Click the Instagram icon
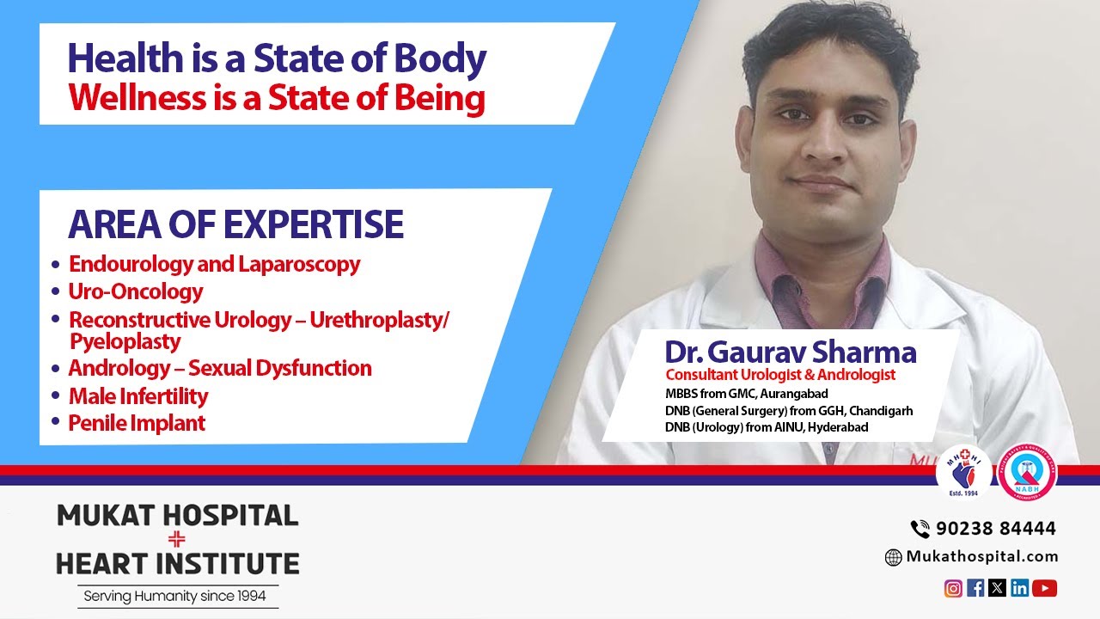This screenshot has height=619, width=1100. tap(953, 588)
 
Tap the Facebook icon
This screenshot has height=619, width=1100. tap(975, 588)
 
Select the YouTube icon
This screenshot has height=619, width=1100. tap(1044, 588)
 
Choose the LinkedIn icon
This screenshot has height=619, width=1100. tap(1020, 588)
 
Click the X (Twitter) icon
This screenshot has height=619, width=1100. tap(997, 588)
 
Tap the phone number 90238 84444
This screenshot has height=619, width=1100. tap(995, 528)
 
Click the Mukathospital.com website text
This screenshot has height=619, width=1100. tap(982, 557)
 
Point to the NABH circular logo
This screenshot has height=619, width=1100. tap(1027, 472)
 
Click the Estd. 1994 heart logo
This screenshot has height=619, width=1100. tap(963, 472)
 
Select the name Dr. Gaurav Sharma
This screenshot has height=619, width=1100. tap(790, 352)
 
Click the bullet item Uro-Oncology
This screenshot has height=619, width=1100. tap(136, 291)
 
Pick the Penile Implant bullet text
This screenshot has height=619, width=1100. tap(137, 423)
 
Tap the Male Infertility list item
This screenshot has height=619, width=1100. tap(138, 396)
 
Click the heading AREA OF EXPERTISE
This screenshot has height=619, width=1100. tap(235, 224)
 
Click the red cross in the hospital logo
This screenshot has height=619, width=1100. tap(177, 540)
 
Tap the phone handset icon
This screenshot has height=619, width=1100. tap(920, 529)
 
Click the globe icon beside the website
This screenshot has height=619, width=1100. tap(894, 557)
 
